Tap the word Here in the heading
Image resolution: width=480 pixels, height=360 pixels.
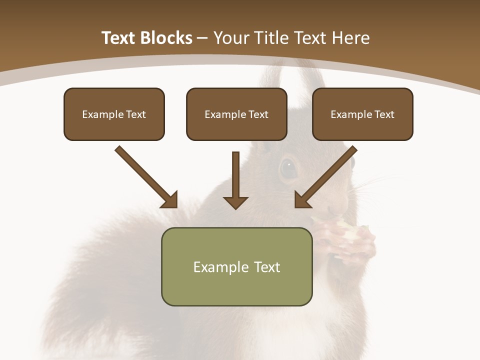click(350, 38)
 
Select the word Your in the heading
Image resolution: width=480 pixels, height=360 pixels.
click(229, 38)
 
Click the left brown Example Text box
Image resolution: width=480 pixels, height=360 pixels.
click(114, 114)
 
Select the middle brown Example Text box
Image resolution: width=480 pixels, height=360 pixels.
click(236, 114)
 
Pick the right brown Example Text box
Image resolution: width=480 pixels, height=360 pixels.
click(362, 114)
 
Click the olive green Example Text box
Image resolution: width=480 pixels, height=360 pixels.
click(236, 266)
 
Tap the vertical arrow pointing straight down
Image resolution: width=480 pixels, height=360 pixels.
click(235, 180)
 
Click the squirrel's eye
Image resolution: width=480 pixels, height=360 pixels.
click(288, 168)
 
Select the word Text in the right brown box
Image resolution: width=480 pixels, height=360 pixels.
click(384, 114)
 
